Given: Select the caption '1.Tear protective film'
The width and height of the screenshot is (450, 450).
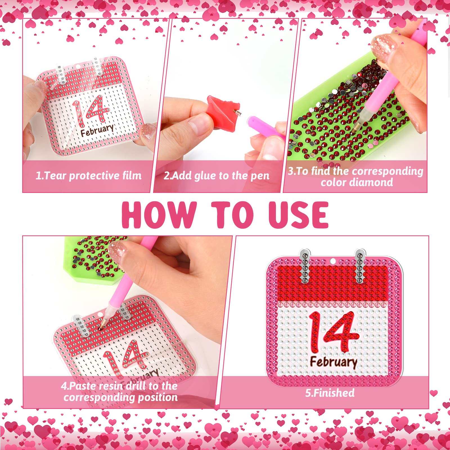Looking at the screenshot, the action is [x=89, y=176].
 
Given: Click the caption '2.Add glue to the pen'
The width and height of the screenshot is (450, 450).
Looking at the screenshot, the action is [x=217, y=176].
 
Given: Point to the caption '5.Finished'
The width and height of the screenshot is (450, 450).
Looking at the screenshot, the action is [x=330, y=393].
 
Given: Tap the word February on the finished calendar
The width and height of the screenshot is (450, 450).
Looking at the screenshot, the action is [x=334, y=362].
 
